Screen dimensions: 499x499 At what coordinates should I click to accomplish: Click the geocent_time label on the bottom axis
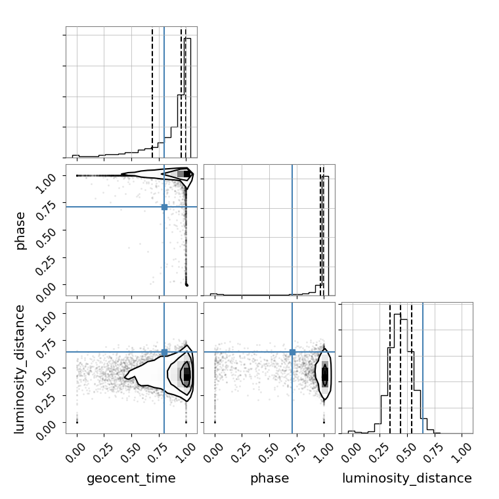[131, 478]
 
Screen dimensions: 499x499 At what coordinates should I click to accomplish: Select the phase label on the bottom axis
[270, 478]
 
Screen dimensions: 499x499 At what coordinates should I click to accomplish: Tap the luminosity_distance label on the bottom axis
[407, 478]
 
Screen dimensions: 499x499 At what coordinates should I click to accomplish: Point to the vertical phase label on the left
[20, 230]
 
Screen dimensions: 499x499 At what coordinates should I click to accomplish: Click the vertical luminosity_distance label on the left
[19, 369]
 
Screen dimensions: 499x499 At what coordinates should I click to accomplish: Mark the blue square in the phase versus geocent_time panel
[164, 207]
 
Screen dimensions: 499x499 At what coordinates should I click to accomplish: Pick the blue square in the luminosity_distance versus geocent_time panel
[164, 353]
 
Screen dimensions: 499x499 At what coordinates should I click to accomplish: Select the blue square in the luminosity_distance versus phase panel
[292, 353]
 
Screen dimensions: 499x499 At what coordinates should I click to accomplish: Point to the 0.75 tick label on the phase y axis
[46, 210]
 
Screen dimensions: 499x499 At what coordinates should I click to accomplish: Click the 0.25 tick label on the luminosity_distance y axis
[46, 403]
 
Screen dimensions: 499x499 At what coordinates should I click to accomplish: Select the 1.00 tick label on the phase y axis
[46, 183]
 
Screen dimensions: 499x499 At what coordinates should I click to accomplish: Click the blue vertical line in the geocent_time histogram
[164, 92]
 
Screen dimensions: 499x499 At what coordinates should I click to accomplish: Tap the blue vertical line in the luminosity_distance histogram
[423, 368]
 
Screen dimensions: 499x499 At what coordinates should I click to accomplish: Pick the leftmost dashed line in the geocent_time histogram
[152, 92]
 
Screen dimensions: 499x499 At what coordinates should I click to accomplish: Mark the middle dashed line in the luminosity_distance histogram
[401, 368]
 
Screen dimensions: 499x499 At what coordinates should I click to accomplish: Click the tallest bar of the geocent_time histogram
[187, 98]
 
